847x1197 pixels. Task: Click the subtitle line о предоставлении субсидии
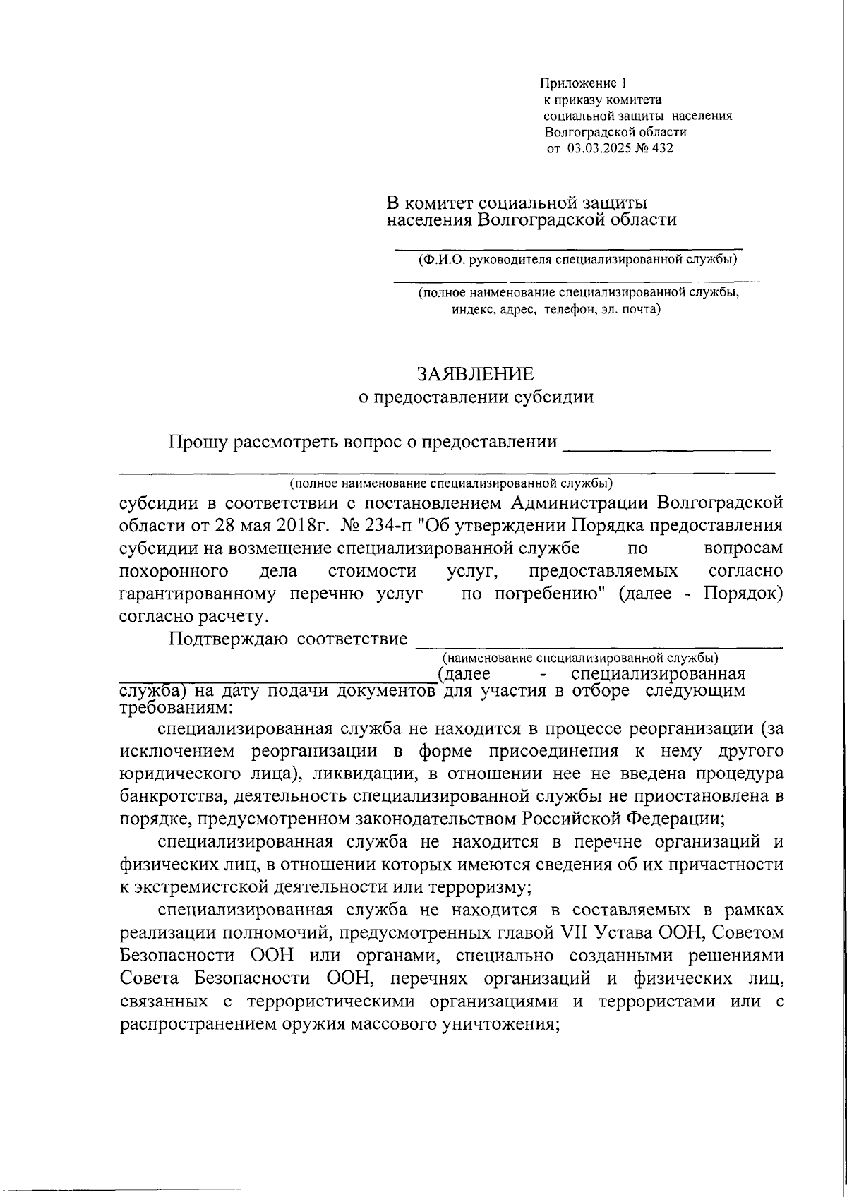point(476,397)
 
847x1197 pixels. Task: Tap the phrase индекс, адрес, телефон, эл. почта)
point(556,309)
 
